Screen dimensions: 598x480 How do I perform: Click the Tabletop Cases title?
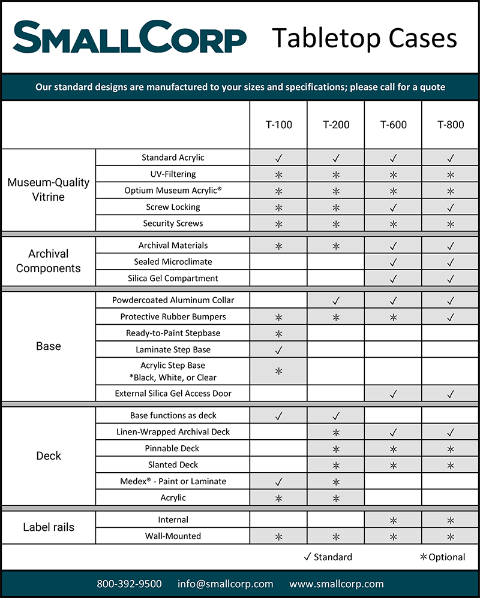[x=364, y=38]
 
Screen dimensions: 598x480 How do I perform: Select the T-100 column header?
[x=278, y=125]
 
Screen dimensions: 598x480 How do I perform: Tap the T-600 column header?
[x=393, y=125]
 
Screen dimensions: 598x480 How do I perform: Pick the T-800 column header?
[x=451, y=125]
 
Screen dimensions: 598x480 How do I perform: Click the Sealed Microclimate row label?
[x=173, y=262]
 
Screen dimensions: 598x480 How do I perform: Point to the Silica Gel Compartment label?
[x=173, y=278]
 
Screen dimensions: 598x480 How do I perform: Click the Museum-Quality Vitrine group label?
[x=48, y=189]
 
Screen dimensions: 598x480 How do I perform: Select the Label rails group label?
[x=48, y=528]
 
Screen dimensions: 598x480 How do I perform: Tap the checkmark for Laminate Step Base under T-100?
[x=278, y=350]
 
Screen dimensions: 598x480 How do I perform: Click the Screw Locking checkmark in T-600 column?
[x=393, y=207]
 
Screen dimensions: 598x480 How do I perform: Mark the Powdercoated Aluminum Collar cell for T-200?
[x=336, y=300]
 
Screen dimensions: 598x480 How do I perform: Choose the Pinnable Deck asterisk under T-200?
[x=336, y=449]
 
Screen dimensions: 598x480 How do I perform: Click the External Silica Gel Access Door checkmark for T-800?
[x=451, y=394]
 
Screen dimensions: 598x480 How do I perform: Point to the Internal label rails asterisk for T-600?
[x=393, y=520]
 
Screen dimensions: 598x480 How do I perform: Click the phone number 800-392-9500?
[x=130, y=584]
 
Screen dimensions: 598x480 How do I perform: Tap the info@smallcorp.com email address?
[x=225, y=584]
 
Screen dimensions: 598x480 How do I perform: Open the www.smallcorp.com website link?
[x=336, y=584]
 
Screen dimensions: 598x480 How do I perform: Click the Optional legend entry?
[x=442, y=557]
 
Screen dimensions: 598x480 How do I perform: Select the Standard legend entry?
[x=328, y=557]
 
